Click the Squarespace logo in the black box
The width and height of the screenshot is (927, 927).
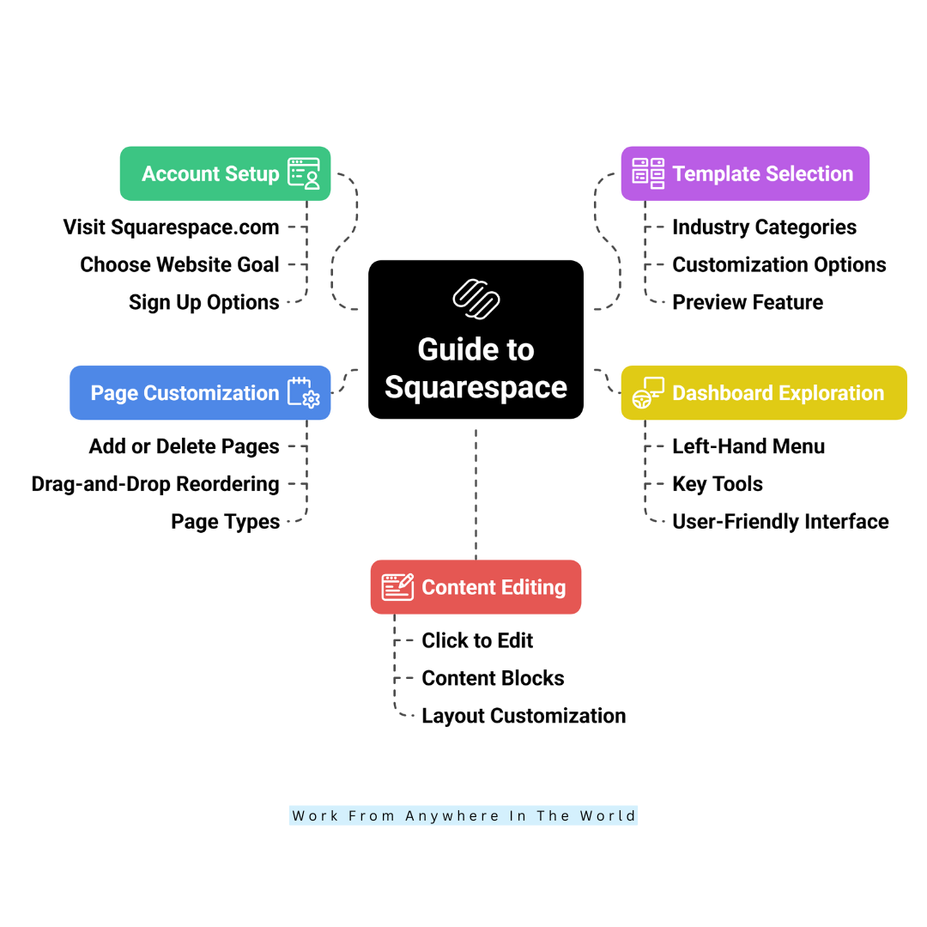coord(476,300)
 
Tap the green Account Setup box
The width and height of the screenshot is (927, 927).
coord(225,173)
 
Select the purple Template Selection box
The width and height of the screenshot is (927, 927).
coord(745,173)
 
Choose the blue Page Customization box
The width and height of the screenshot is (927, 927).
coord(200,393)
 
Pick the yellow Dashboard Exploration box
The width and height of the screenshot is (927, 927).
coord(764,393)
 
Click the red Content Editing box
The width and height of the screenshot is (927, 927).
coord(476,587)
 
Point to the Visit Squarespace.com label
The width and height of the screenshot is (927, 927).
coord(171,227)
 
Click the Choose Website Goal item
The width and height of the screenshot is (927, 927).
coord(179,265)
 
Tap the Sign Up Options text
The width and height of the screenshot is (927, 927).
coord(204,303)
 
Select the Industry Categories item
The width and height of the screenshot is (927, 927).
coord(765,227)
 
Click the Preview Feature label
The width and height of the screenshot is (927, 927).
coord(748,303)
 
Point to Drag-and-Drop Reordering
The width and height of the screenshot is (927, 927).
coord(155,484)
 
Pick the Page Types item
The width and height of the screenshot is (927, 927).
coord(225,522)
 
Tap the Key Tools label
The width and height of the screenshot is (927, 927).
coord(718,484)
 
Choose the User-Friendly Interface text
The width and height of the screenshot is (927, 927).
coord(780,522)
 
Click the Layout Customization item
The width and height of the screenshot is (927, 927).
coord(524,716)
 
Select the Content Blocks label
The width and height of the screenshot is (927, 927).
coord(493,678)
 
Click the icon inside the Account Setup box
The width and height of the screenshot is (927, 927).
coord(304,173)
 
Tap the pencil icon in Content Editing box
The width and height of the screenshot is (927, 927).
coord(398,587)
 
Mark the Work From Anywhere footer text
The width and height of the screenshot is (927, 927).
coord(463,816)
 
